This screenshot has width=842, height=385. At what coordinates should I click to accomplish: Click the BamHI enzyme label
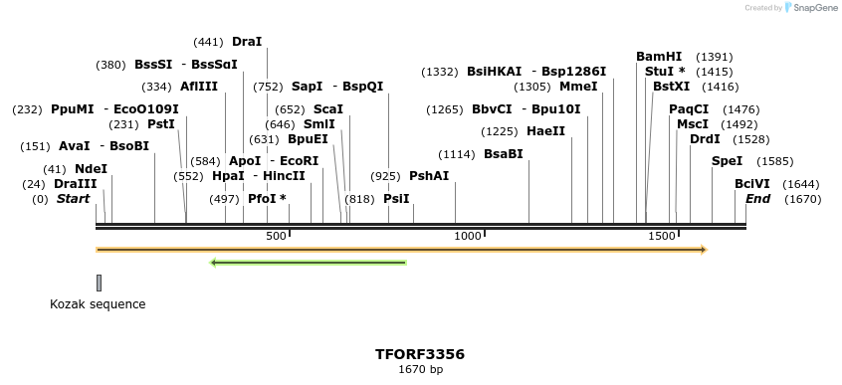(659, 57)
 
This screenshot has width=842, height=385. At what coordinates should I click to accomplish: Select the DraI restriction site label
(247, 42)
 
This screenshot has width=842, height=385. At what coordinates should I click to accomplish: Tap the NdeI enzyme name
(91, 169)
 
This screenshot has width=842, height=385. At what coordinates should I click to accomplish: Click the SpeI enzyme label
(727, 161)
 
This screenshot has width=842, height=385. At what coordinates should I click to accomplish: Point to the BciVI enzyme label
(752, 184)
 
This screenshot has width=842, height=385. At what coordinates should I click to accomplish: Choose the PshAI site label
(429, 176)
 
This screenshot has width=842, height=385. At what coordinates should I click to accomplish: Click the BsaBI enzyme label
(503, 154)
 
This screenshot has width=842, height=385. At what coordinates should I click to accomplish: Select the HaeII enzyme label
(545, 131)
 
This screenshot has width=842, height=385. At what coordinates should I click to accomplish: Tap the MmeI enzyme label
(578, 87)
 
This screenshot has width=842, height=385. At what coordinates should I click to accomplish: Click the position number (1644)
(800, 184)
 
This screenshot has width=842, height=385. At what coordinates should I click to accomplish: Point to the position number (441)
(208, 42)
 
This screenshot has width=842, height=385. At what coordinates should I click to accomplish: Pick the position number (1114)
(457, 154)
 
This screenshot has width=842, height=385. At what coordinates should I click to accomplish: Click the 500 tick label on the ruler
(276, 236)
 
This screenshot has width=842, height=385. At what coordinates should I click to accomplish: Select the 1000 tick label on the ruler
(468, 236)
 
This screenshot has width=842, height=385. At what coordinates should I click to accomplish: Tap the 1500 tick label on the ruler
(662, 236)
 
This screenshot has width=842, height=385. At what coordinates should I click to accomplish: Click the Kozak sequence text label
(98, 304)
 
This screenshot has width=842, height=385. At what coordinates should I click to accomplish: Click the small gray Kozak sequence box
(99, 284)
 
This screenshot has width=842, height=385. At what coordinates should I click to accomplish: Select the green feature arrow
(309, 263)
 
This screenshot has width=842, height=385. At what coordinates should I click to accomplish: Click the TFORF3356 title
(420, 354)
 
